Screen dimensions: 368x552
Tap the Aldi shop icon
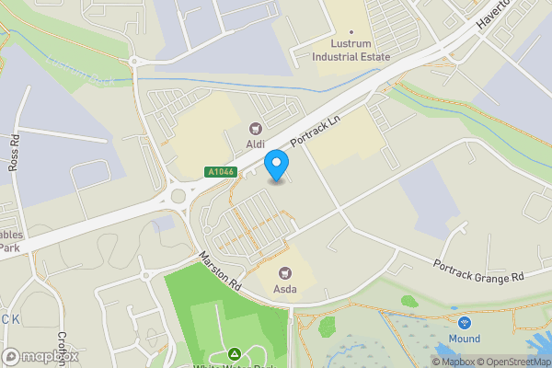(x=256, y=129)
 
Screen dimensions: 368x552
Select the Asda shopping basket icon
(x=285, y=272)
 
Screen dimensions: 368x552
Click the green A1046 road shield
(x=221, y=172)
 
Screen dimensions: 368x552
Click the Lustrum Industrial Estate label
(x=351, y=50)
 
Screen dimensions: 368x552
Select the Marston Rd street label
(x=222, y=272)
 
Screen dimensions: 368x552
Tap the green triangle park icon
(x=235, y=353)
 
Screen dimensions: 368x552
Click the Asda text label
(x=285, y=289)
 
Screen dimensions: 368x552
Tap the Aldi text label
(x=256, y=145)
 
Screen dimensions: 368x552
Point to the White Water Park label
(x=235, y=365)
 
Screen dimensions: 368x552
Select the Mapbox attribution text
(x=454, y=362)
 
